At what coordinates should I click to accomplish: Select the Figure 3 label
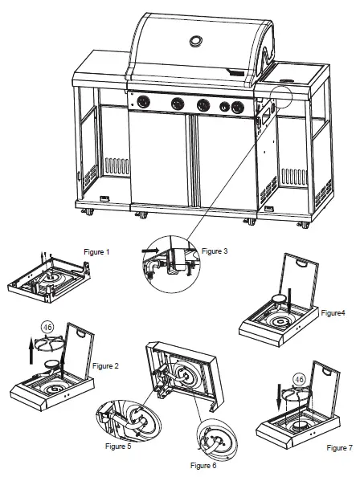click(216, 251)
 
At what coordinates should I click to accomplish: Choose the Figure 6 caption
click(204, 465)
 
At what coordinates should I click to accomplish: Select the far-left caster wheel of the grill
click(86, 213)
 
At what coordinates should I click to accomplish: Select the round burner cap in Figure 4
click(279, 300)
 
